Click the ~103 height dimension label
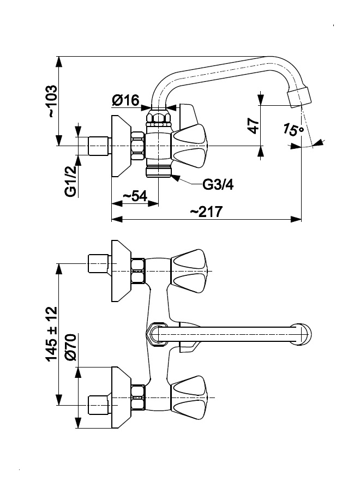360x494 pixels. point(51,101)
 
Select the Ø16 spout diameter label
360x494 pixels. point(126,101)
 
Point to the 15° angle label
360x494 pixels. point(293,130)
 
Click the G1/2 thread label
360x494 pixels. point(70,181)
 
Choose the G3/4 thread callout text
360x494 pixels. point(218,185)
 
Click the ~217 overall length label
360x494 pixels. point(206,212)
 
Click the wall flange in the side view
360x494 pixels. point(121,146)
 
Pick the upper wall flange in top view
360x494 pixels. point(121,271)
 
